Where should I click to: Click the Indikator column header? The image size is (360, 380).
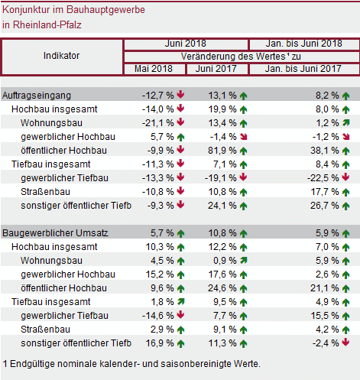coord(61,56)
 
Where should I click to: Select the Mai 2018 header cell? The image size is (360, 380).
coord(154,69)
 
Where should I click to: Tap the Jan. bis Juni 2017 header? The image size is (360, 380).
coord(303,69)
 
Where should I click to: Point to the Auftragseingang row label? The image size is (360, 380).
coord(37,96)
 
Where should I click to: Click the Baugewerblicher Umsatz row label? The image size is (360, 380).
coord(55,233)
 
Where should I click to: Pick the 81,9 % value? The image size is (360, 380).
coord(222,151)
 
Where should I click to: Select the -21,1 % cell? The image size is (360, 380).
coord(158,123)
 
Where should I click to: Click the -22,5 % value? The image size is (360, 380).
coord(323,178)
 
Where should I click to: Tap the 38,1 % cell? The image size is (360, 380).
coord(325,151)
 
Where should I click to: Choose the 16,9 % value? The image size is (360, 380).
coord(160,343)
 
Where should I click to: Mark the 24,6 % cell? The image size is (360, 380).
coord(222,288)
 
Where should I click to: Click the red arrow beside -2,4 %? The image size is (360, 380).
coord(345,343)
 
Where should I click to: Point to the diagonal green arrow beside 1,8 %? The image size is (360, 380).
coord(180,302)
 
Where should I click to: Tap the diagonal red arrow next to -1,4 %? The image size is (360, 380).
coord(244,137)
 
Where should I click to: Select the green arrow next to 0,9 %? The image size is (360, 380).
coord(244,261)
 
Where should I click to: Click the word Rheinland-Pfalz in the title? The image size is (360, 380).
coord(47,25)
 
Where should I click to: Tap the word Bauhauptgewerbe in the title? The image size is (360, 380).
coord(105,10)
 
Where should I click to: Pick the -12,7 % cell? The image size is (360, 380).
coord(158,96)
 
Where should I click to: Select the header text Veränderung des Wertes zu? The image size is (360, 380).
coord(241,57)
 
